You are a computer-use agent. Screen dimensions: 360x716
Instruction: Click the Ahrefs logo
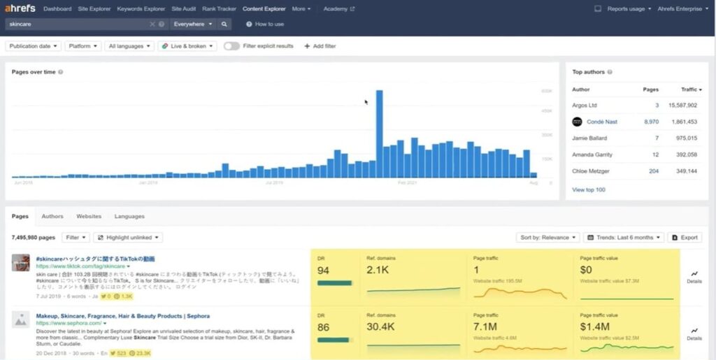tap(20, 9)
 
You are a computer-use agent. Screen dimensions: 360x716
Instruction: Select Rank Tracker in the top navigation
tap(219, 9)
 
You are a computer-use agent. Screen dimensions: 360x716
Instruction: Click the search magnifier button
tap(224, 24)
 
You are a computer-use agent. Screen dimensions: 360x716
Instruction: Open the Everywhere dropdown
tap(193, 24)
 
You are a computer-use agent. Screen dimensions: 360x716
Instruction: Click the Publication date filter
tap(33, 46)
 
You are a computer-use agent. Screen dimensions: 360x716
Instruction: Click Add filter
tap(320, 46)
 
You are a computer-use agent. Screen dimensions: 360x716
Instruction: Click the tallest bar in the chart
tap(379, 133)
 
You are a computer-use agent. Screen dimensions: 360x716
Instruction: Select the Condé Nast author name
tap(601, 122)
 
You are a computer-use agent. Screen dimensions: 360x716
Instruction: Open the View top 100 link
tap(589, 189)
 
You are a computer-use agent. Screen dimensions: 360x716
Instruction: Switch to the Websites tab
tap(89, 217)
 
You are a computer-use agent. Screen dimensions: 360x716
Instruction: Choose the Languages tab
tap(129, 217)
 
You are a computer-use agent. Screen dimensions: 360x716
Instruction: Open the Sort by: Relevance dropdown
tap(547, 238)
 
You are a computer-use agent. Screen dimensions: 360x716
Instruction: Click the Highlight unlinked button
tap(128, 238)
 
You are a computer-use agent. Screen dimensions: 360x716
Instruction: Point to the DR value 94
tap(324, 271)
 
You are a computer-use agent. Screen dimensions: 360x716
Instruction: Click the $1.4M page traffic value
tap(594, 327)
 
